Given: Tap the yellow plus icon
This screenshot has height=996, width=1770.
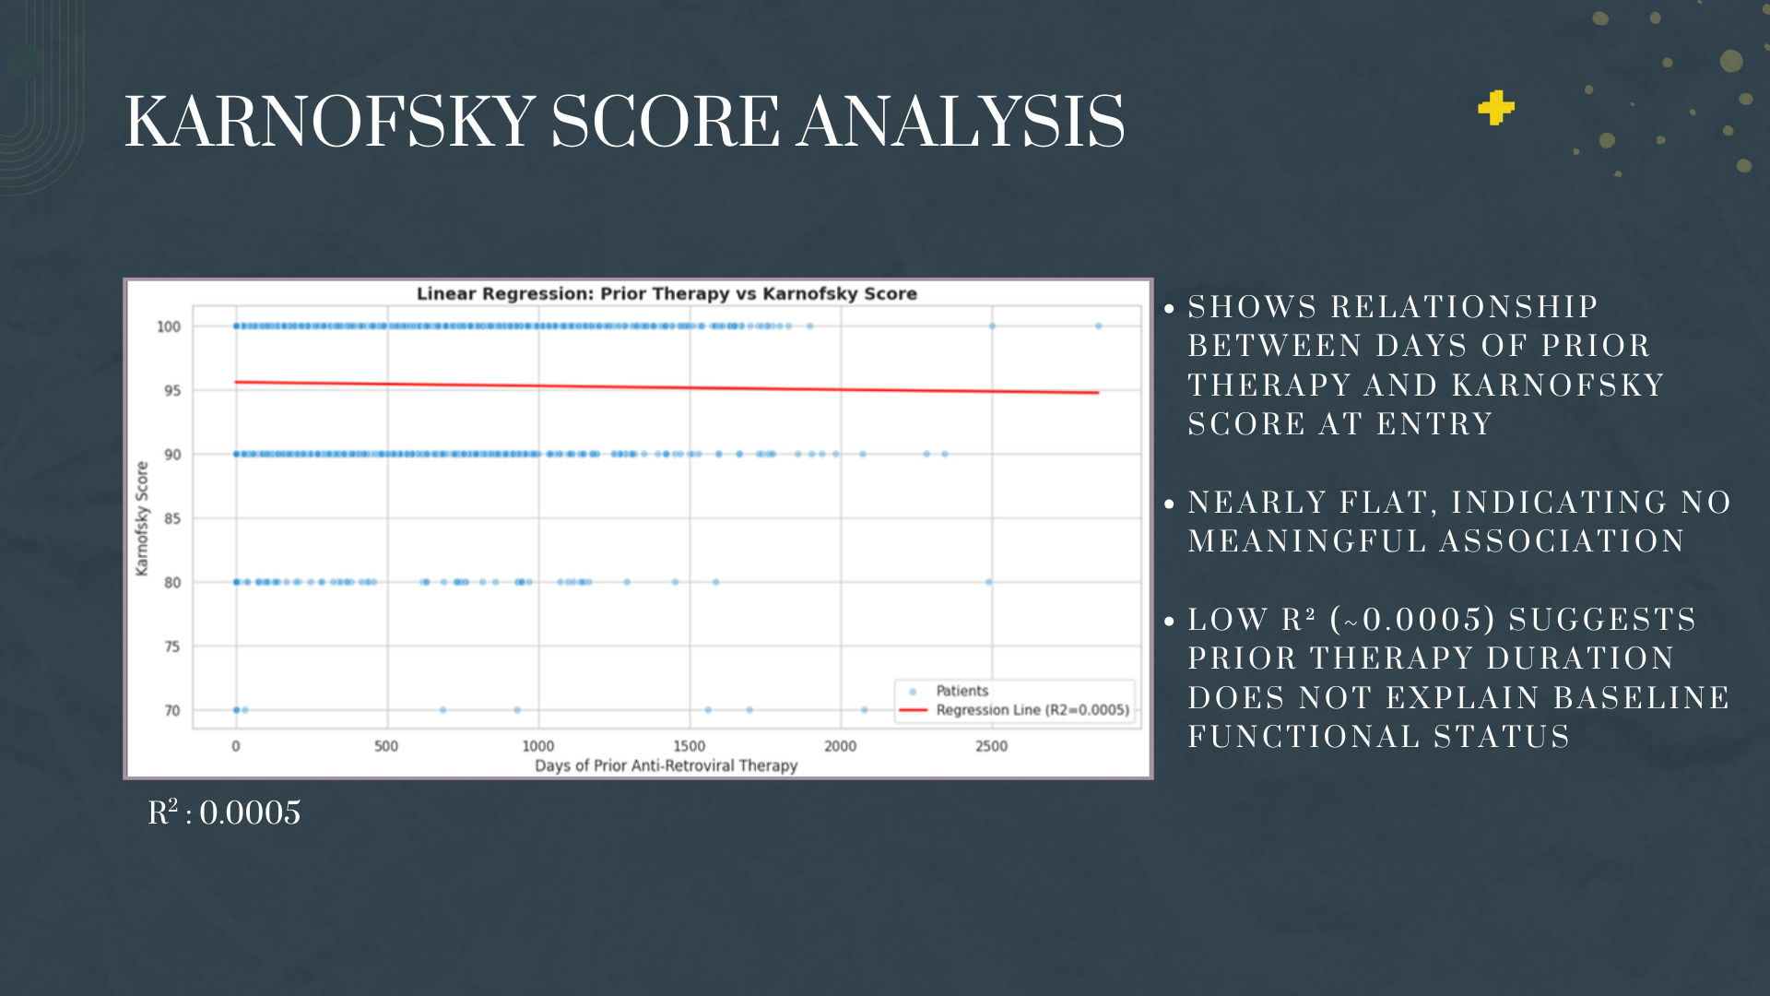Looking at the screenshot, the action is [x=1495, y=108].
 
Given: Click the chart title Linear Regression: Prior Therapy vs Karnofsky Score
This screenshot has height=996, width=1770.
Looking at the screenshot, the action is [x=667, y=293].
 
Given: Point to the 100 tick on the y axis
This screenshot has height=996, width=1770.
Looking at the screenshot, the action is [x=169, y=326].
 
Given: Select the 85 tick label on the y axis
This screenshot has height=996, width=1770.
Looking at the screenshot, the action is [x=172, y=518].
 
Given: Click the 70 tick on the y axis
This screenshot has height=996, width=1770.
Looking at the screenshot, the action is [x=172, y=710].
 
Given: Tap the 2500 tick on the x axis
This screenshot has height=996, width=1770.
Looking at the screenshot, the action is [x=992, y=746].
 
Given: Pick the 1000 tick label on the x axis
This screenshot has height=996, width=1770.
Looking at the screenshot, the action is [x=538, y=746].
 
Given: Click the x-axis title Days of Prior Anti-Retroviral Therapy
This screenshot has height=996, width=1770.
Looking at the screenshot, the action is [x=667, y=765].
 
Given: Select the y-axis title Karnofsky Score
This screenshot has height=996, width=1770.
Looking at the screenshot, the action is [x=142, y=518].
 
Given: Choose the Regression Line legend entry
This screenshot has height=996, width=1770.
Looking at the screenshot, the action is [x=1014, y=710].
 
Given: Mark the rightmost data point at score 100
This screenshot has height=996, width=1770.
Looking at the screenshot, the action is [x=1098, y=326].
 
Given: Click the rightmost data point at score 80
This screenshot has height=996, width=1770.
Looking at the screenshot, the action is [x=988, y=582].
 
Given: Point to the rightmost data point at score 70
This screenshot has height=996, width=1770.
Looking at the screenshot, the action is [x=864, y=710].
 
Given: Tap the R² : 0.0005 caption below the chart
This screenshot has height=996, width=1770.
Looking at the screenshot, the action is [x=224, y=812].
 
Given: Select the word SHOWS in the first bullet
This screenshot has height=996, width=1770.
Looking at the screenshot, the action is [x=1253, y=307].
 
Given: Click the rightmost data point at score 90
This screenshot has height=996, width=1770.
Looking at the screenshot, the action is [x=945, y=454].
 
